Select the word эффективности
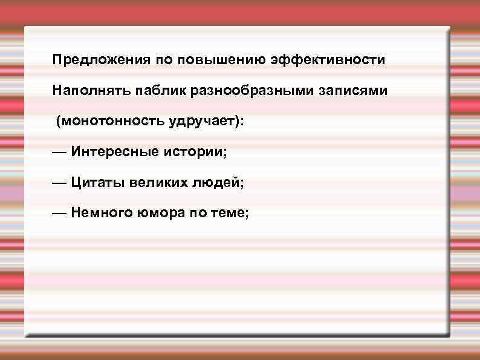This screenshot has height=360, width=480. [328, 60]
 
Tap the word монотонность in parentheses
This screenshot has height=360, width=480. [109, 121]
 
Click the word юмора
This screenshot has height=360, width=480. [158, 212]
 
